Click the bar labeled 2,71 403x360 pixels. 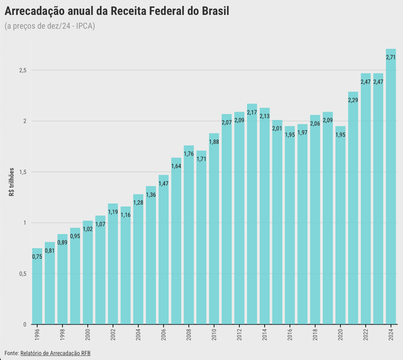pos(391,189)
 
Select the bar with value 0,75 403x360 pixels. pos(37,287)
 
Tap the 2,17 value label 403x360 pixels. pos(252,112)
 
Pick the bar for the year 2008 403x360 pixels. pos(189,237)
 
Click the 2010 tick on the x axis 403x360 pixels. pos(213,335)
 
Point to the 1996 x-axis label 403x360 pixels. pos(37,335)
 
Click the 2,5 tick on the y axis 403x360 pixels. pos(22,70)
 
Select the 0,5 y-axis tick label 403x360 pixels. pos(22,274)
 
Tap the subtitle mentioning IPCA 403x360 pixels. pos(49,26)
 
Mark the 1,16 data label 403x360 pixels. pos(126,215)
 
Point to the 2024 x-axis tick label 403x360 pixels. pos(391,335)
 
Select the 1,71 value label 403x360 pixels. pos(201,159)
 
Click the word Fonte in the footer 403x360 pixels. pos(11,353)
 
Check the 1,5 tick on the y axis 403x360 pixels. pos(22,172)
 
